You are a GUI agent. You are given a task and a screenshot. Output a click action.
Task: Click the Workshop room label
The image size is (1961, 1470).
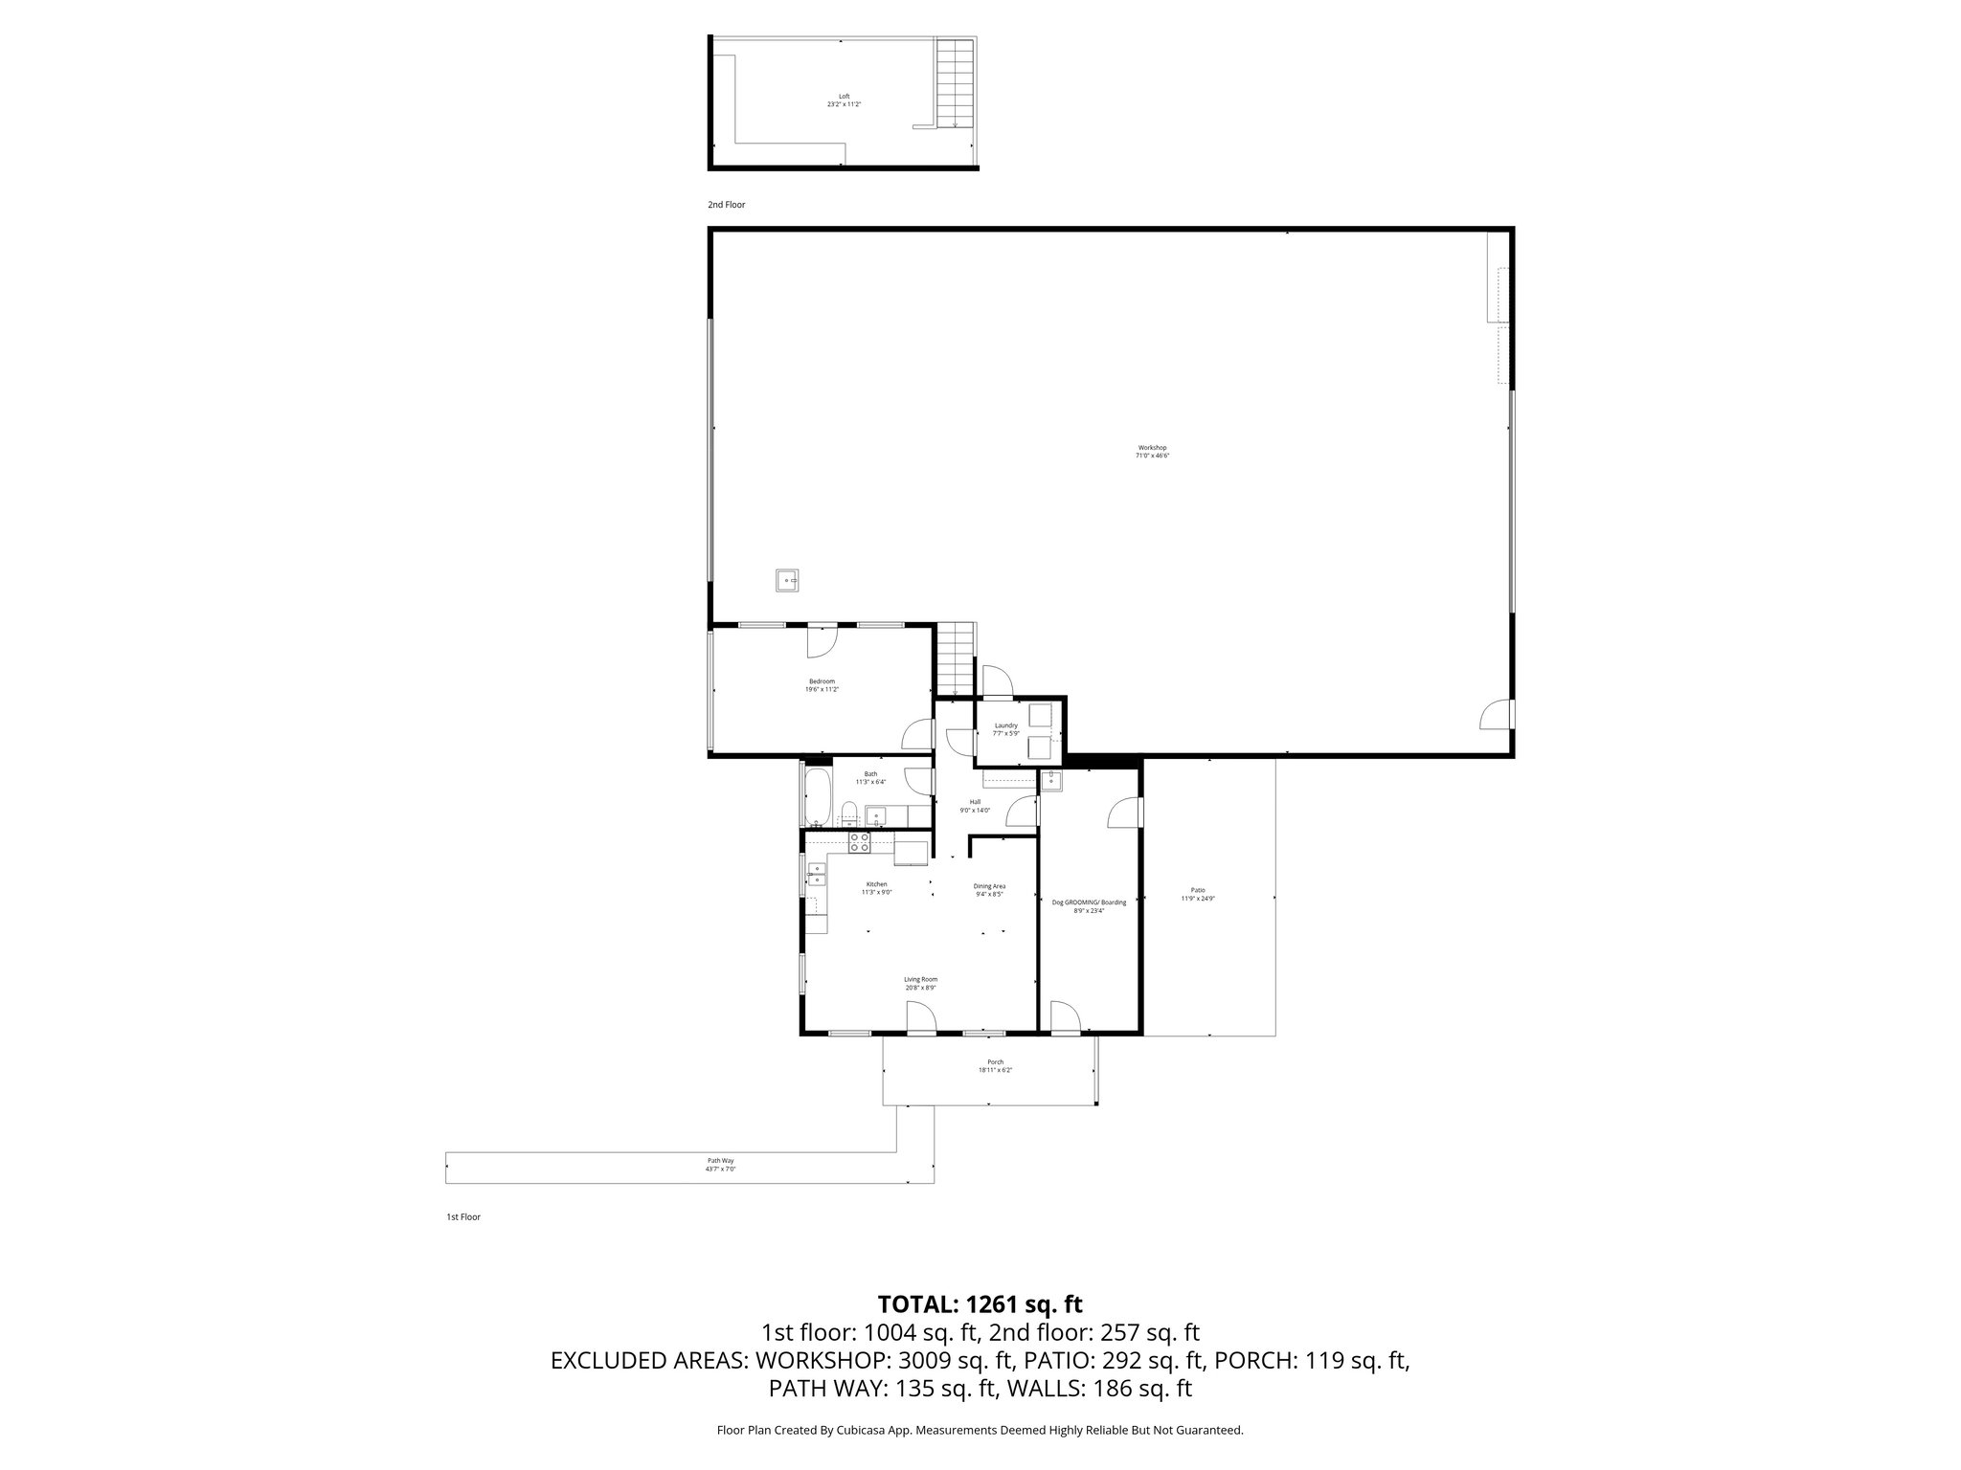(x=1152, y=448)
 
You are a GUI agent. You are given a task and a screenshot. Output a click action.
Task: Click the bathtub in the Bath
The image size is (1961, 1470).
(x=816, y=796)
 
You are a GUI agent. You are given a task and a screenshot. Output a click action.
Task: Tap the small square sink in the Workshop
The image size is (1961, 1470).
(x=787, y=580)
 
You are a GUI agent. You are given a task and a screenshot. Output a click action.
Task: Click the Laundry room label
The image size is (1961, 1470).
(x=1005, y=725)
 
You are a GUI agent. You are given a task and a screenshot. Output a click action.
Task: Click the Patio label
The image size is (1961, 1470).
(x=1198, y=890)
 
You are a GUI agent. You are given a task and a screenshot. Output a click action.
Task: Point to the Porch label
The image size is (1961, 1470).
(x=996, y=1062)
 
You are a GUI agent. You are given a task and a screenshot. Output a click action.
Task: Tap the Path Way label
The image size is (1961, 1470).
(x=720, y=1160)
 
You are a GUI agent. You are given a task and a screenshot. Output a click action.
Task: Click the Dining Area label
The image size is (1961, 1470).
(x=989, y=886)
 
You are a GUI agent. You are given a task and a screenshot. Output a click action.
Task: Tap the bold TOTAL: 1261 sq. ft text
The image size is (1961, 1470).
(x=980, y=1304)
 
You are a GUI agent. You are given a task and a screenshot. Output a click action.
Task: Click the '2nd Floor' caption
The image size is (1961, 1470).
(x=726, y=205)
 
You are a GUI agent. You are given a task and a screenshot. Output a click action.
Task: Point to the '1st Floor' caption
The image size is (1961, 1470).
(x=463, y=1217)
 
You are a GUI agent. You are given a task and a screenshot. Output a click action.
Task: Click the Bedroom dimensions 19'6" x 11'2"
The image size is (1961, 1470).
(x=822, y=689)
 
